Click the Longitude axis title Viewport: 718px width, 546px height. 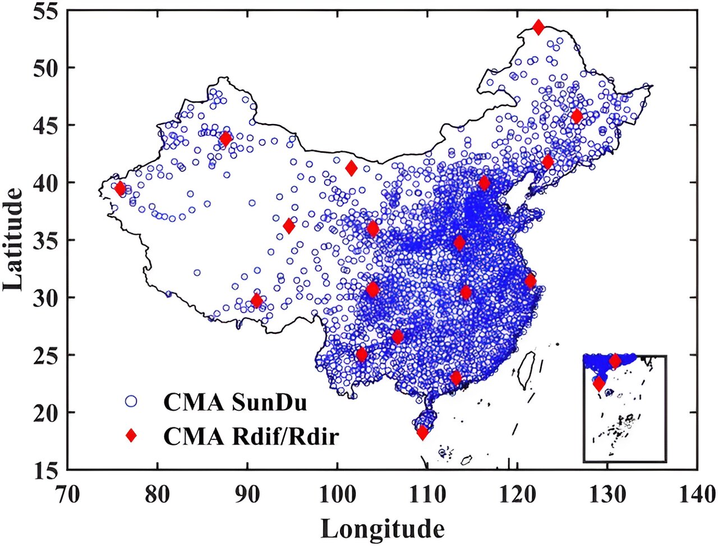coord(383,529)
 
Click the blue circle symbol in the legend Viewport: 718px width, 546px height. coord(131,401)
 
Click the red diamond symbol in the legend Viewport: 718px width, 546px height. coord(131,435)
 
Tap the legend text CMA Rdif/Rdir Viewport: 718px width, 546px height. coord(251,435)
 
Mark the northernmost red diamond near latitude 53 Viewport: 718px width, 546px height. coord(538,27)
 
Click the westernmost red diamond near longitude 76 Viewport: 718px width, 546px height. coord(119,189)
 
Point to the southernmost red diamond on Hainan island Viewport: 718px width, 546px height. coord(422,433)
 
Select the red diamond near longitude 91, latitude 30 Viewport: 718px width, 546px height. coord(257,301)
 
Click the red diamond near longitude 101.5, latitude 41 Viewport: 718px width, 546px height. coord(351,168)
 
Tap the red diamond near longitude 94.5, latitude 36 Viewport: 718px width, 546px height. coord(289,226)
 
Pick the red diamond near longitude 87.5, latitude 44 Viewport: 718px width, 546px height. coord(225,139)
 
